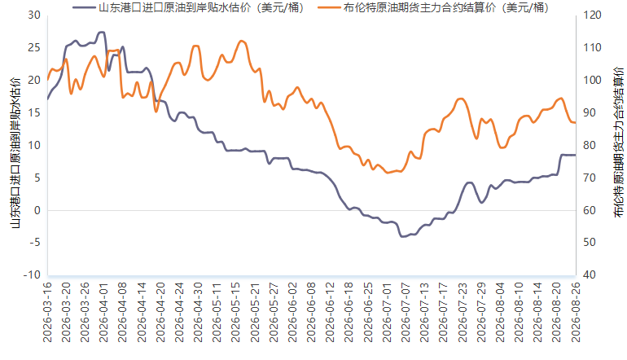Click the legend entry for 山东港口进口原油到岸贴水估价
(188, 7)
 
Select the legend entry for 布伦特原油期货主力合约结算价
(433, 7)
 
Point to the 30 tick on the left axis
(34, 15)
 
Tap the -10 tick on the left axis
(32, 275)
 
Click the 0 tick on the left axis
(37, 210)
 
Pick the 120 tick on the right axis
(592, 15)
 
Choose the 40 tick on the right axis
(590, 275)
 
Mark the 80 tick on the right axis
(590, 145)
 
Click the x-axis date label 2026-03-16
(47, 313)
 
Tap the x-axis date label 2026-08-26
(576, 313)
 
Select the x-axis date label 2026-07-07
(406, 313)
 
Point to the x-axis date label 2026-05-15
(236, 313)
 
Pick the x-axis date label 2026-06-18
(349, 313)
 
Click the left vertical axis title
(15, 153)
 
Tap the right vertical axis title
(618, 143)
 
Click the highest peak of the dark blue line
(102, 32)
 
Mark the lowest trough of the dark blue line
(402, 236)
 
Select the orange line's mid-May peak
(241, 41)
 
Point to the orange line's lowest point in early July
(387, 173)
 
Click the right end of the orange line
(576, 122)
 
